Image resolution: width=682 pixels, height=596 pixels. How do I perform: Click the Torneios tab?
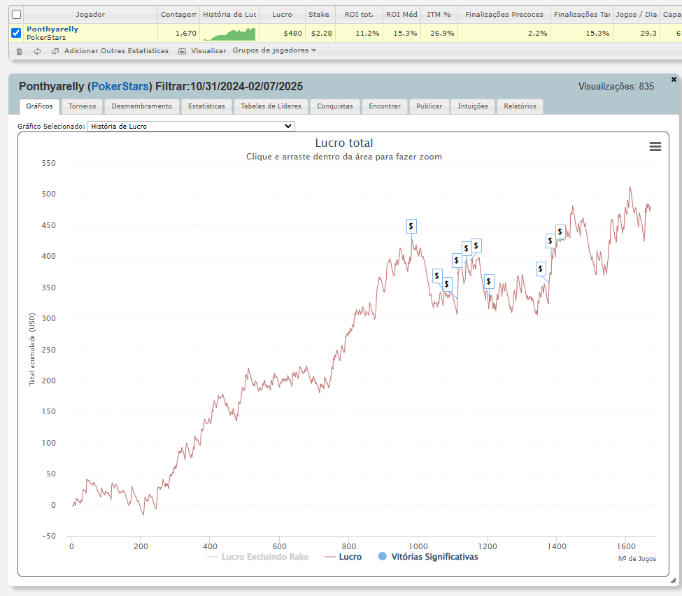(82, 106)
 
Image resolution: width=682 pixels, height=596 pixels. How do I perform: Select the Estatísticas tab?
(206, 106)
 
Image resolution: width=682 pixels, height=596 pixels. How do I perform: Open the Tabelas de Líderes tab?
(271, 106)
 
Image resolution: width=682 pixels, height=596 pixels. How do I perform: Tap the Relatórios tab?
(520, 106)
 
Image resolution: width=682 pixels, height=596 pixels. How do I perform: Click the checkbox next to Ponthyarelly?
(16, 33)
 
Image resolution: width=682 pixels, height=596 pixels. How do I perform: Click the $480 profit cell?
(292, 34)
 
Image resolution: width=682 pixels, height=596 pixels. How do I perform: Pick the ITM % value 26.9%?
(442, 34)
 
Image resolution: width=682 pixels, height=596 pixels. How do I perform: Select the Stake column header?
(319, 15)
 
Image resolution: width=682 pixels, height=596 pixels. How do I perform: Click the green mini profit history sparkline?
(229, 34)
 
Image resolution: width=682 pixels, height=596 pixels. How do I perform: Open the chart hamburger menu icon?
(655, 147)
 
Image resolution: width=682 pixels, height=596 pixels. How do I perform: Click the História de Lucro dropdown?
(191, 126)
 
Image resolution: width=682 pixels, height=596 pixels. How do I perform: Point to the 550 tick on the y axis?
(49, 163)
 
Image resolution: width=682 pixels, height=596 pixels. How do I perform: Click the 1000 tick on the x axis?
(418, 546)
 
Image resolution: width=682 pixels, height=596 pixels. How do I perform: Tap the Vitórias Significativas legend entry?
(428, 557)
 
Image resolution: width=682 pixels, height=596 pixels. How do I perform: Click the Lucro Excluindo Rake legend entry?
(258, 557)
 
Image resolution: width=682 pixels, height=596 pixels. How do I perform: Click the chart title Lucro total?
(344, 143)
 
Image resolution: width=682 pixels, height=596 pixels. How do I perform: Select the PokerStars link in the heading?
(120, 87)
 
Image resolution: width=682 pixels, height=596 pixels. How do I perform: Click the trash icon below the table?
(19, 51)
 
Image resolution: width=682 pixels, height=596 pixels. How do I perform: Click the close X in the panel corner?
(674, 79)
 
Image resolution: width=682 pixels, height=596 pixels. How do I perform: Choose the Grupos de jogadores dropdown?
(274, 50)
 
